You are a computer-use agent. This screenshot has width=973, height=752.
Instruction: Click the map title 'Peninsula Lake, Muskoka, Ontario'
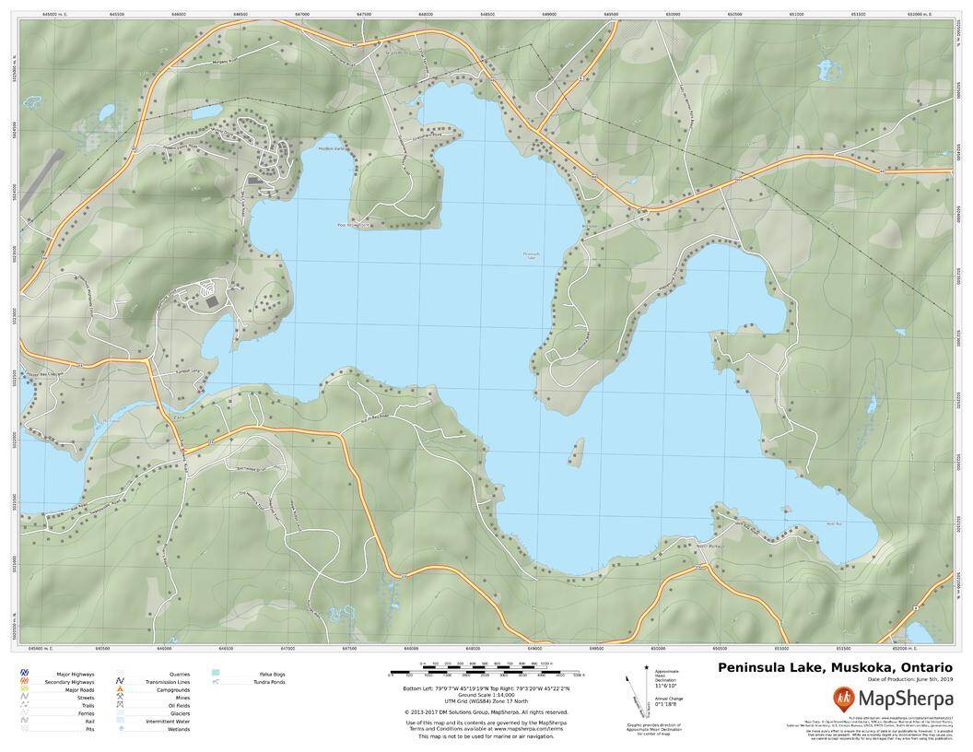(x=835, y=667)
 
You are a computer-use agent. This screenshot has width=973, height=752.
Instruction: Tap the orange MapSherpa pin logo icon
(x=844, y=697)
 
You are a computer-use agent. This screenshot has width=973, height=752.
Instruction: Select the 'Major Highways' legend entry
(x=75, y=674)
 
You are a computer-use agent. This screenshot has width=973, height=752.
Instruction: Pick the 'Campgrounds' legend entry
(x=172, y=689)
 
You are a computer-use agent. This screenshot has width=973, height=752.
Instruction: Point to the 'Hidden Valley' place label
(x=330, y=148)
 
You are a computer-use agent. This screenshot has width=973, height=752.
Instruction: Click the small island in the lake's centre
(x=578, y=451)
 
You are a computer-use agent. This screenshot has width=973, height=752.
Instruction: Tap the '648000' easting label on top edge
(x=426, y=15)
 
